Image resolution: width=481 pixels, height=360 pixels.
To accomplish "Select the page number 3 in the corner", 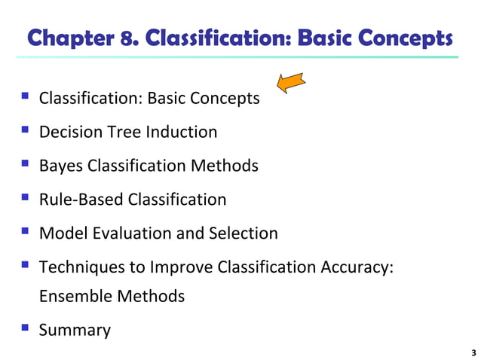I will click(473, 352).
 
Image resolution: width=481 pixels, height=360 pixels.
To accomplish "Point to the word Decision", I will click(69, 133).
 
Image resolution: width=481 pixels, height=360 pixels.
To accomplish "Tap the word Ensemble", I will click(75, 296).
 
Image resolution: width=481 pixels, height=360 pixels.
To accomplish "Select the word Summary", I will click(75, 330).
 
